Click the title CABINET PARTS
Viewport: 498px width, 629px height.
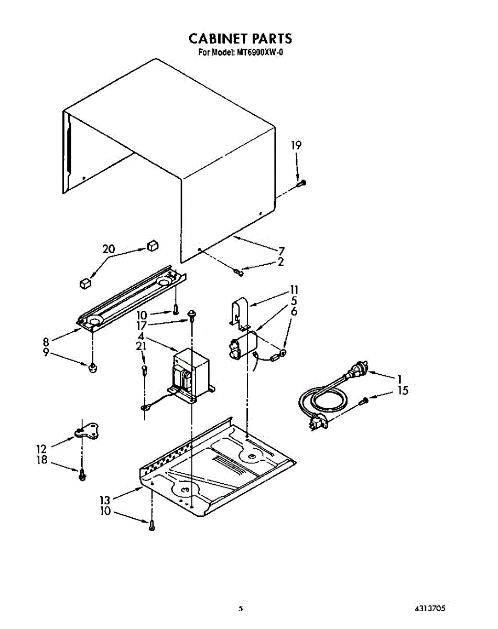(x=240, y=39)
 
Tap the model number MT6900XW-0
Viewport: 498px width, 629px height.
(x=259, y=52)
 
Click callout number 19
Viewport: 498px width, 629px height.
(x=297, y=145)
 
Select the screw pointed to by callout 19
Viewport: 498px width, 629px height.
(x=300, y=182)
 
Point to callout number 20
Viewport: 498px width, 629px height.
(x=109, y=249)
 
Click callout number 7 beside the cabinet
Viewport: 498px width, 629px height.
(x=282, y=251)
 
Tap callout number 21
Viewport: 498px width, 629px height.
(x=141, y=346)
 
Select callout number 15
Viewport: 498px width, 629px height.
(x=403, y=391)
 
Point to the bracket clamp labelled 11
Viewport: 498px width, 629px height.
(x=240, y=314)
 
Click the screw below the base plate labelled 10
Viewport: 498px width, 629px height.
(x=151, y=524)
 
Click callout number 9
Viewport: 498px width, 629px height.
(x=46, y=353)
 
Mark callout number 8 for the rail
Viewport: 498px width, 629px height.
(x=46, y=341)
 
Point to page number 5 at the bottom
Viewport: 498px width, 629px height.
(x=241, y=609)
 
